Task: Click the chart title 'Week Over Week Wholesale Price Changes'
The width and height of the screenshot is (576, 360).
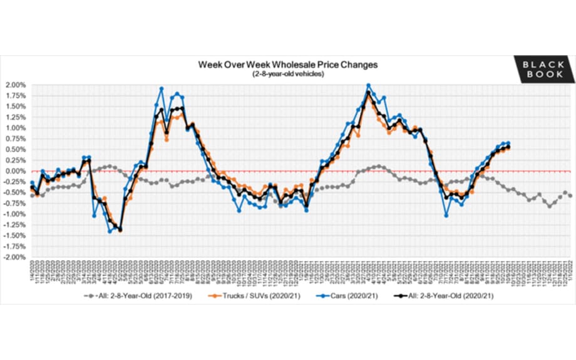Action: (x=288, y=64)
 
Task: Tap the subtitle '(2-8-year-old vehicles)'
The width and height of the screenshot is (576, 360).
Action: (x=288, y=74)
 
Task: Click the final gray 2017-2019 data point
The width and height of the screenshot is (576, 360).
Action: (x=570, y=195)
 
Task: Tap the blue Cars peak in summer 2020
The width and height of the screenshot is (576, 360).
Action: (x=162, y=89)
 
